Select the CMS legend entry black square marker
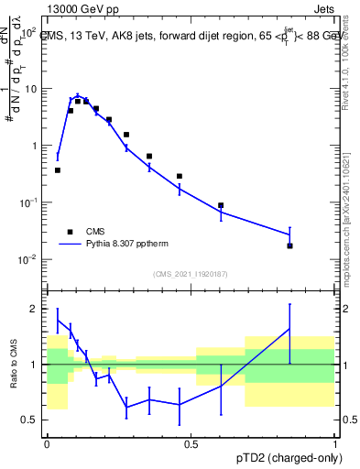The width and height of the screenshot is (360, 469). (69, 233)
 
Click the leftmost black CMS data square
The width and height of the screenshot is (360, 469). (58, 170)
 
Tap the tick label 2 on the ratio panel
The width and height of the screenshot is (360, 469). (34, 309)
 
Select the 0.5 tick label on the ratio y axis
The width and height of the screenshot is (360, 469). (29, 420)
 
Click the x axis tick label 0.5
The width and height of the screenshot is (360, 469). (191, 443)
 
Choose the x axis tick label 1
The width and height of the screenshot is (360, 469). (334, 443)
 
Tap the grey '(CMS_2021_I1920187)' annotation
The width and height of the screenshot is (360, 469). (190, 274)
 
